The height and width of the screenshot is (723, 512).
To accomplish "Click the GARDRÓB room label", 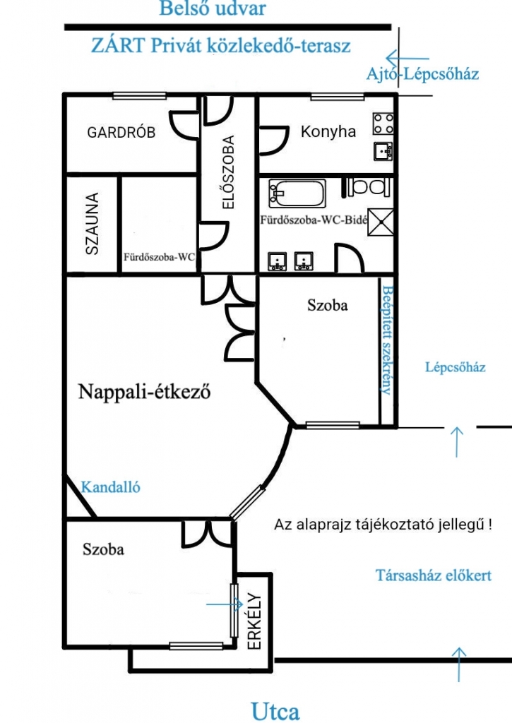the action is (x=121, y=132).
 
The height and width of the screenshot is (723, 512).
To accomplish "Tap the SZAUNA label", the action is (x=93, y=224).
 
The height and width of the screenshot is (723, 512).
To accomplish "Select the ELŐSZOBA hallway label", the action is (x=228, y=172).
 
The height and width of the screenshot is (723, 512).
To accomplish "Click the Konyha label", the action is (x=328, y=131).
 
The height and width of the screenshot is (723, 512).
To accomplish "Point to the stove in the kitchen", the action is (x=383, y=124).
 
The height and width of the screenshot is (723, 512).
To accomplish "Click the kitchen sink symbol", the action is (x=383, y=151).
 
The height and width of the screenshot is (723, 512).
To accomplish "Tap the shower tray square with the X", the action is (x=381, y=222).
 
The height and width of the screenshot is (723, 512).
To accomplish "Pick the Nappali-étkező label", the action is (x=144, y=391).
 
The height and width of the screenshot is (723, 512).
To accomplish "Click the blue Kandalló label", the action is (x=111, y=487).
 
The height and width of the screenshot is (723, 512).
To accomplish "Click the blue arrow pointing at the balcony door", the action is (x=224, y=604).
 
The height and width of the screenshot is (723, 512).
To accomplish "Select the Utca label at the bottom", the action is (x=275, y=710).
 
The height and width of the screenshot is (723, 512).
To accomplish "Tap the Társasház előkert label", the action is (x=434, y=575).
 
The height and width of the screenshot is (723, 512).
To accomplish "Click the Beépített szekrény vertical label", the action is (x=388, y=340).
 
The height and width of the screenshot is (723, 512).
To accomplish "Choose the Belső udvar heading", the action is (x=213, y=8).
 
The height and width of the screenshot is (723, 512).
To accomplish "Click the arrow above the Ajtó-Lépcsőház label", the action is (x=407, y=59).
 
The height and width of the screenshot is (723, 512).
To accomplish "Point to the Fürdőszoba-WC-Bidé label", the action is (x=314, y=220).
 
